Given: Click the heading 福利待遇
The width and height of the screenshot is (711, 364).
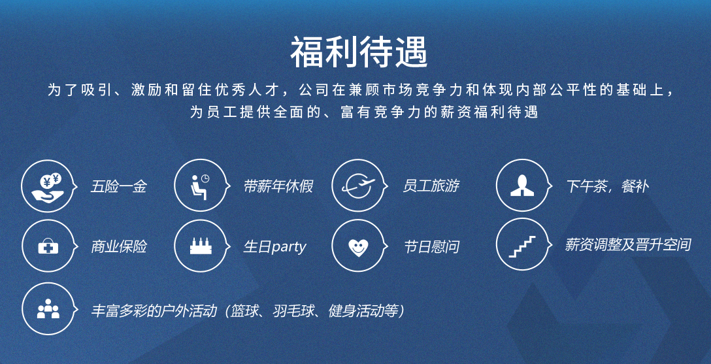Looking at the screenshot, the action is tap(359, 52).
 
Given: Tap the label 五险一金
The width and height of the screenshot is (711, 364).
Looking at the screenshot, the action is tap(118, 186).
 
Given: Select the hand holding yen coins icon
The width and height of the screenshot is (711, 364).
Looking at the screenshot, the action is tap(48, 186).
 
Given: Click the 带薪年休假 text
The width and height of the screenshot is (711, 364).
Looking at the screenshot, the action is tap(278, 186).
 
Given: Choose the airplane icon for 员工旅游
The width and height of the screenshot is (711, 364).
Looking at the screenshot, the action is tap(358, 186).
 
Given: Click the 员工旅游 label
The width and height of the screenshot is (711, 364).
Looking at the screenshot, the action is tap(431, 186).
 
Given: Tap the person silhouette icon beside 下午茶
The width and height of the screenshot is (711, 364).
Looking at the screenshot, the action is tap(522, 186).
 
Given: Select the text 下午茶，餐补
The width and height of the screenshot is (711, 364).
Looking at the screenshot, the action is tap(607, 186).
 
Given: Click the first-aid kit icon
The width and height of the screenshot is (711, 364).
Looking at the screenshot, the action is tap(48, 246).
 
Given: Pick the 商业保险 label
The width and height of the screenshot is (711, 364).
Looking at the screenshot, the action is tap(119, 247).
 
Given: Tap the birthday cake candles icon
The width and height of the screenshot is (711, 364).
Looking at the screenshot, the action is tap(201, 246).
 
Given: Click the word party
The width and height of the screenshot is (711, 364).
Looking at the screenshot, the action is tap(289, 248).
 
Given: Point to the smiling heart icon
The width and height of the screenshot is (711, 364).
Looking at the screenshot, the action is tap(358, 248).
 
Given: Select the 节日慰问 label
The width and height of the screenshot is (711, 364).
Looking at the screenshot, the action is tap(431, 247).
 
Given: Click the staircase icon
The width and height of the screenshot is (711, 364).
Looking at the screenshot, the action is tap(522, 246).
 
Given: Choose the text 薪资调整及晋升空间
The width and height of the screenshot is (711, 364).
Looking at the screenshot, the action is tap(628, 245).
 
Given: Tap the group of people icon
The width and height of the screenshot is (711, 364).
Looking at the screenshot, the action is tap(48, 308).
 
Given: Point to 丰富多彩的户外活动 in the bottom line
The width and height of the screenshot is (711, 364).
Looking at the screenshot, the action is tap(154, 311).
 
